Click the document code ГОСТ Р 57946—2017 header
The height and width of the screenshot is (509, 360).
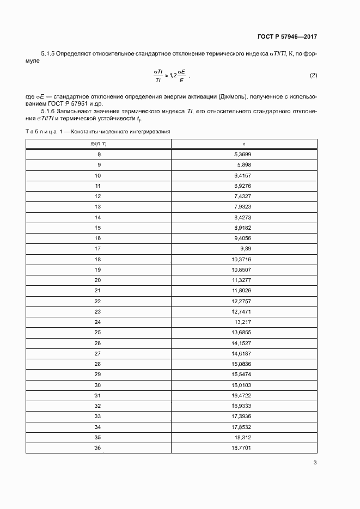click(x=287, y=37)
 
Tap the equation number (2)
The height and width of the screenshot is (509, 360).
click(x=313, y=75)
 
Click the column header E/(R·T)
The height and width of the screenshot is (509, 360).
click(x=98, y=144)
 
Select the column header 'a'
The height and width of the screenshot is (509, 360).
click(x=243, y=144)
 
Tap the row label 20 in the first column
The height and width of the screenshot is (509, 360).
click(x=98, y=280)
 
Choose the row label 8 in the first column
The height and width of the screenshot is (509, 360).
click(x=99, y=155)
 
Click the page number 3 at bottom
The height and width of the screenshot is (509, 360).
click(x=315, y=463)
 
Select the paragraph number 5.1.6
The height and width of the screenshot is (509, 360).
click(x=50, y=111)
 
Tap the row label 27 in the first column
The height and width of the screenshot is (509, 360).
click(x=98, y=353)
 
